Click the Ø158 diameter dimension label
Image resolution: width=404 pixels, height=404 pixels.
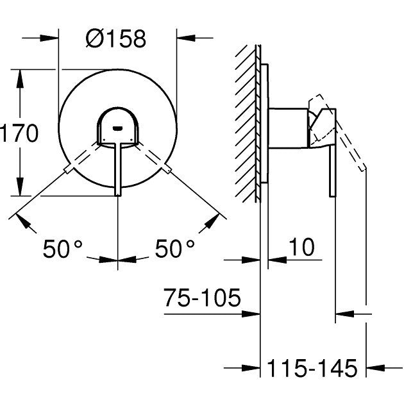click(x=116, y=39)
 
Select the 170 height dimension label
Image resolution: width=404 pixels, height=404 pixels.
click(x=20, y=134)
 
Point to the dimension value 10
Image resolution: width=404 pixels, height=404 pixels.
click(x=301, y=248)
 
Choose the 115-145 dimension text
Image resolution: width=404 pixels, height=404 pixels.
click(x=312, y=368)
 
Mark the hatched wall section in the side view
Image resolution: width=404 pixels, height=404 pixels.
click(x=246, y=122)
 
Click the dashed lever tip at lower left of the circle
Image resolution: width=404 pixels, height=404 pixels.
click(x=69, y=169)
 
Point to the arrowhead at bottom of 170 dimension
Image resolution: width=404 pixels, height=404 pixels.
click(x=21, y=190)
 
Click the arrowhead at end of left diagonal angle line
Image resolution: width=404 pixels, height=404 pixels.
click(x=24, y=221)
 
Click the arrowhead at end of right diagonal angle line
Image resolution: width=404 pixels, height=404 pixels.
click(x=212, y=221)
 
